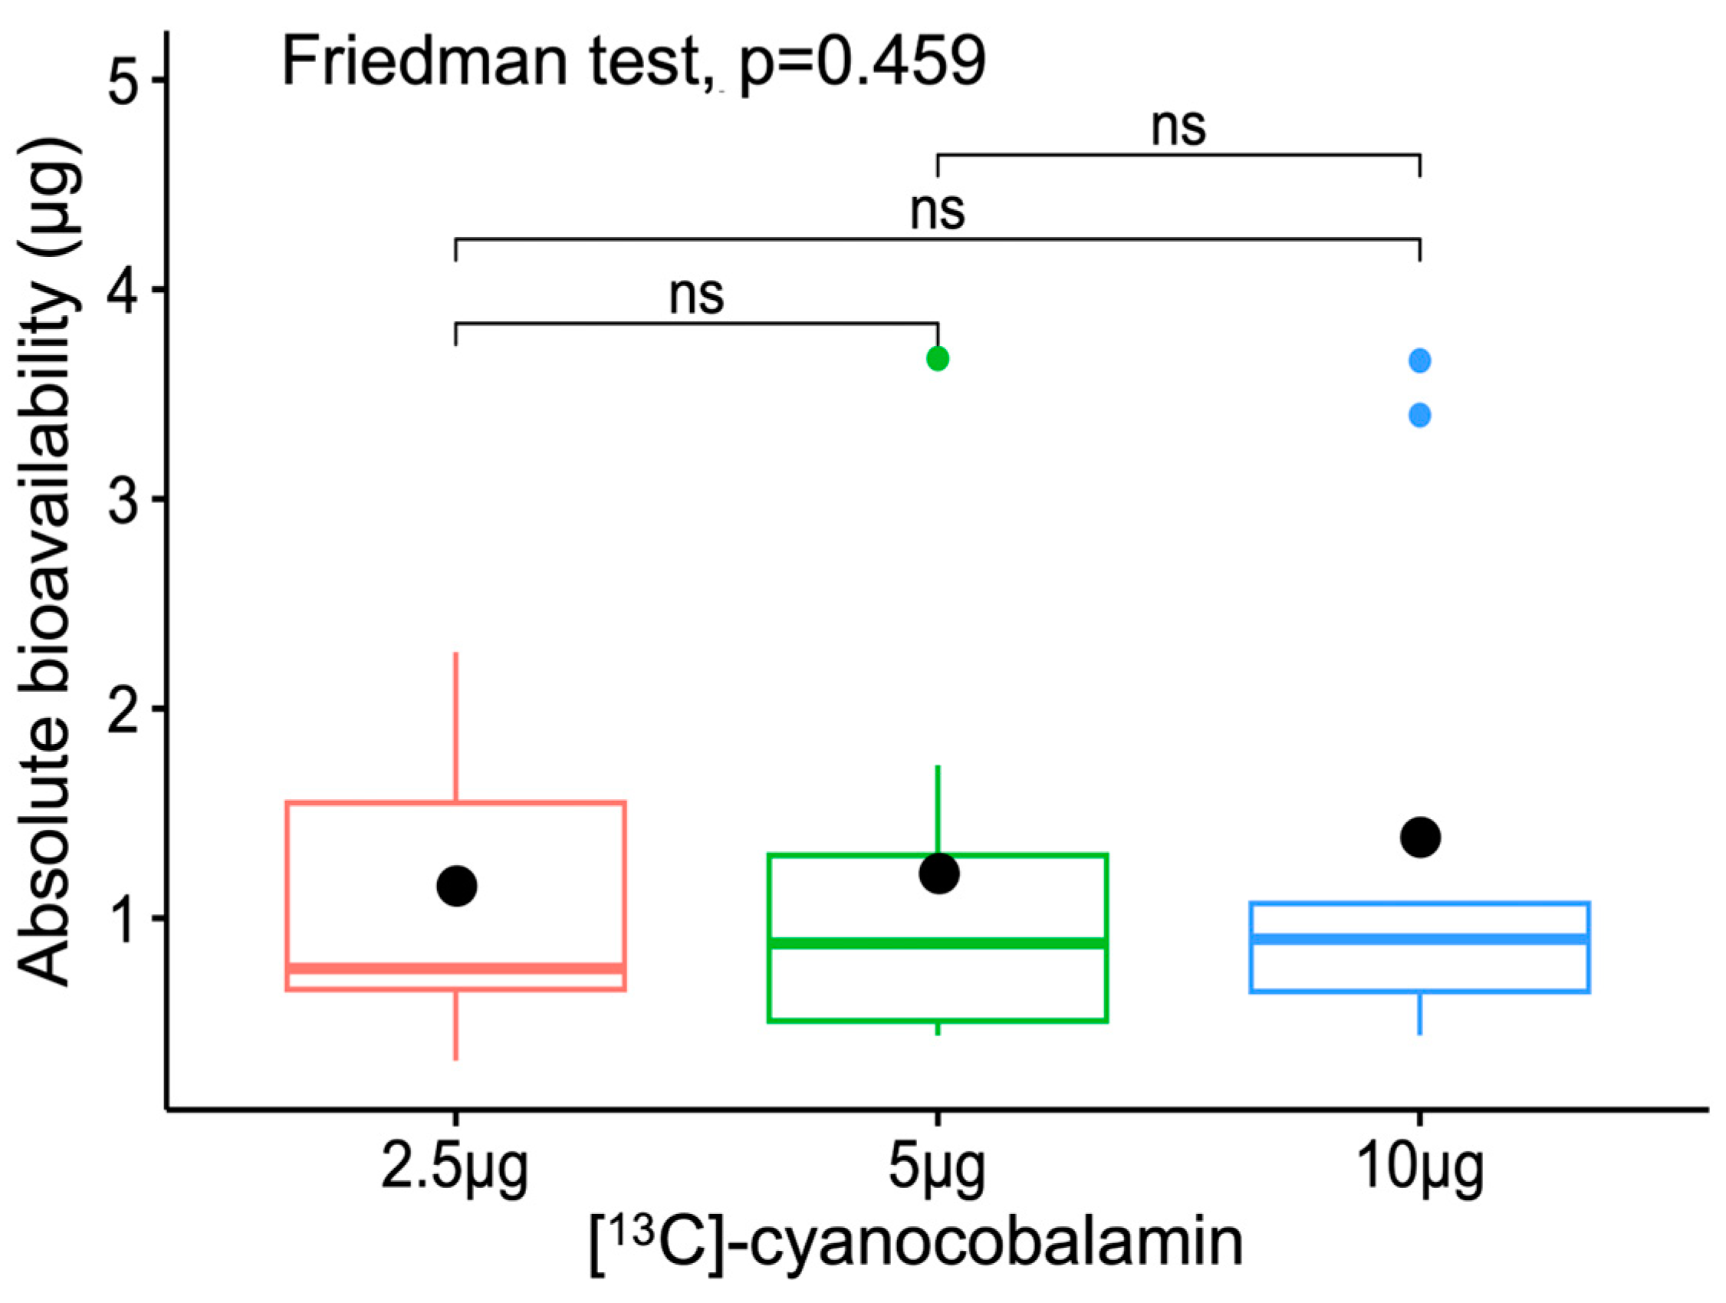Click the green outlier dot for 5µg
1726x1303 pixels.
[937, 359]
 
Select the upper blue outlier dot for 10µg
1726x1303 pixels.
[1419, 361]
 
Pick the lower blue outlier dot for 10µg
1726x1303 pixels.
[1419, 416]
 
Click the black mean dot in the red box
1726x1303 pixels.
[456, 886]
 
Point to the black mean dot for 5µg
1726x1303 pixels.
[939, 873]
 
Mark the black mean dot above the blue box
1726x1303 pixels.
[1420, 837]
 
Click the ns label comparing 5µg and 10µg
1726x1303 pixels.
[1179, 127]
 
